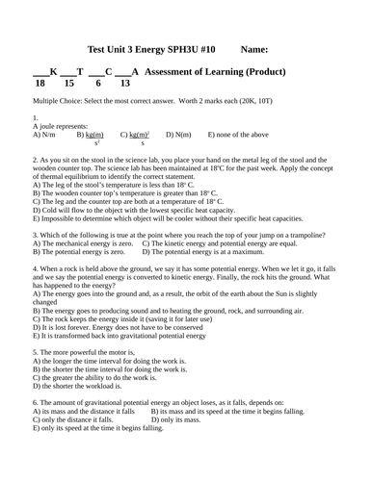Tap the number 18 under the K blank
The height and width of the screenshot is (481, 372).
tap(40, 84)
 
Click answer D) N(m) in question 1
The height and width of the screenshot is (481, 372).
tap(178, 135)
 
